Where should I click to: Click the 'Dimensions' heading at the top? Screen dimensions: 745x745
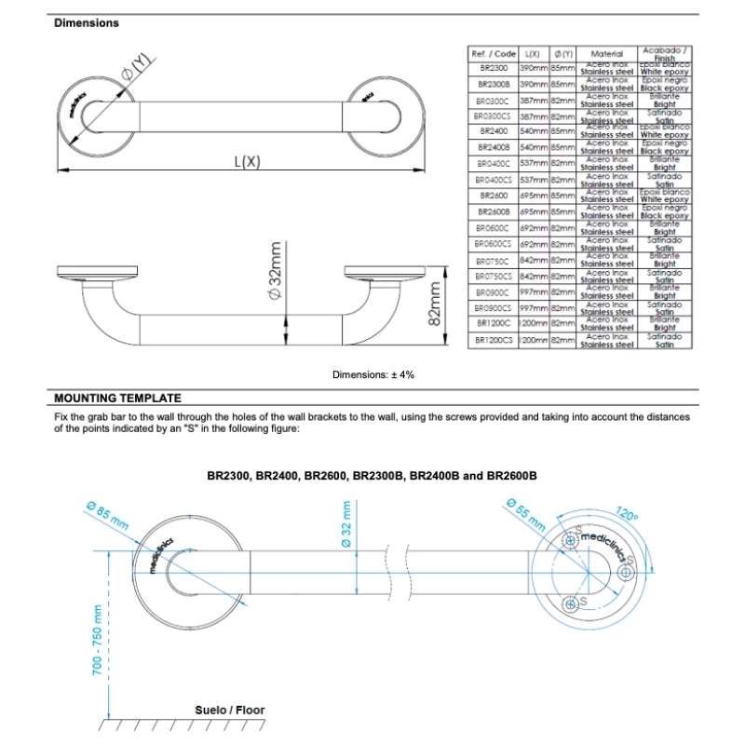pyautogui.click(x=87, y=23)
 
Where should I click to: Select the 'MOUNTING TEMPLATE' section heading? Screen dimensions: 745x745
pyautogui.click(x=117, y=398)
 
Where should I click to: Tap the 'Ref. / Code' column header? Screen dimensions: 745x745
pyautogui.click(x=493, y=55)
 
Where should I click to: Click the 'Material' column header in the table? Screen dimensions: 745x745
pyautogui.click(x=606, y=55)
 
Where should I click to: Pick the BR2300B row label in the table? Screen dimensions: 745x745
pyautogui.click(x=493, y=84)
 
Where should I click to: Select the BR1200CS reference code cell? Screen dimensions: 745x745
pyautogui.click(x=493, y=342)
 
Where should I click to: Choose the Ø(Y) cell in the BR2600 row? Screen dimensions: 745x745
pyautogui.click(x=562, y=196)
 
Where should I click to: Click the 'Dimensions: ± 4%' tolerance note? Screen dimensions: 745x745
pyautogui.click(x=372, y=374)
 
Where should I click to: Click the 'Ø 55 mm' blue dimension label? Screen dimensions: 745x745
pyautogui.click(x=525, y=514)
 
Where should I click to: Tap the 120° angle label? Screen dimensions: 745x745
pyautogui.click(x=627, y=515)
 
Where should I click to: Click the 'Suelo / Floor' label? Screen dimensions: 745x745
pyautogui.click(x=229, y=710)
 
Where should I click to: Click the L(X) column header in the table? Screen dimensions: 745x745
pyautogui.click(x=533, y=55)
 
